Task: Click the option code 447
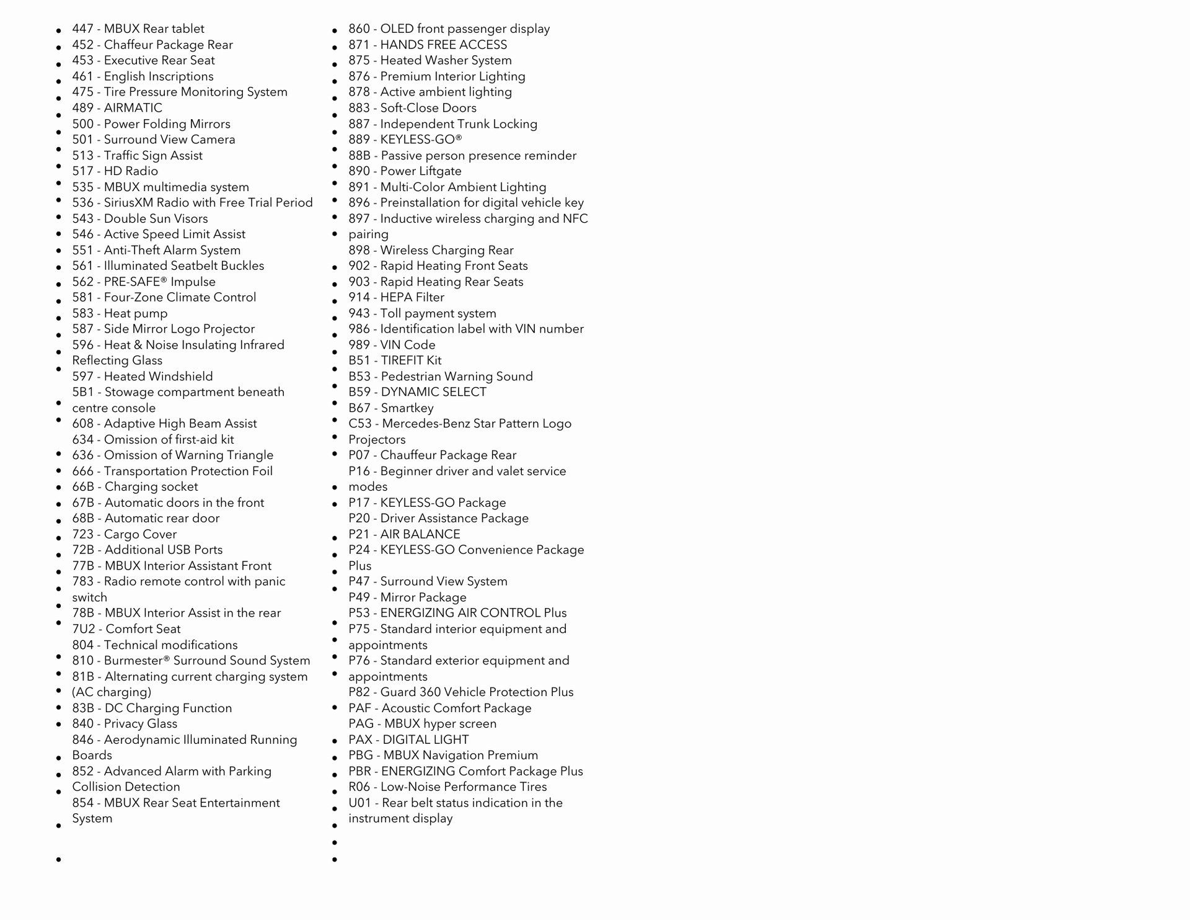tap(82, 29)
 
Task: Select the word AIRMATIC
tap(133, 108)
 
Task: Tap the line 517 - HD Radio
tap(115, 171)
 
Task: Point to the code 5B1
tap(83, 392)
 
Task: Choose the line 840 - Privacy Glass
tap(125, 724)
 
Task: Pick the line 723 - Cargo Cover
tap(124, 534)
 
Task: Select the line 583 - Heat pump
tap(120, 313)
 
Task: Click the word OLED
tap(396, 29)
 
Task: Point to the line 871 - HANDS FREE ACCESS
tap(427, 45)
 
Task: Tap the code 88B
tap(359, 156)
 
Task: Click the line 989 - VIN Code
tap(392, 345)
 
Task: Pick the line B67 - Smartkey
tap(390, 408)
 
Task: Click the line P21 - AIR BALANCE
tap(404, 534)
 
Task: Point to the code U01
tap(359, 803)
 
